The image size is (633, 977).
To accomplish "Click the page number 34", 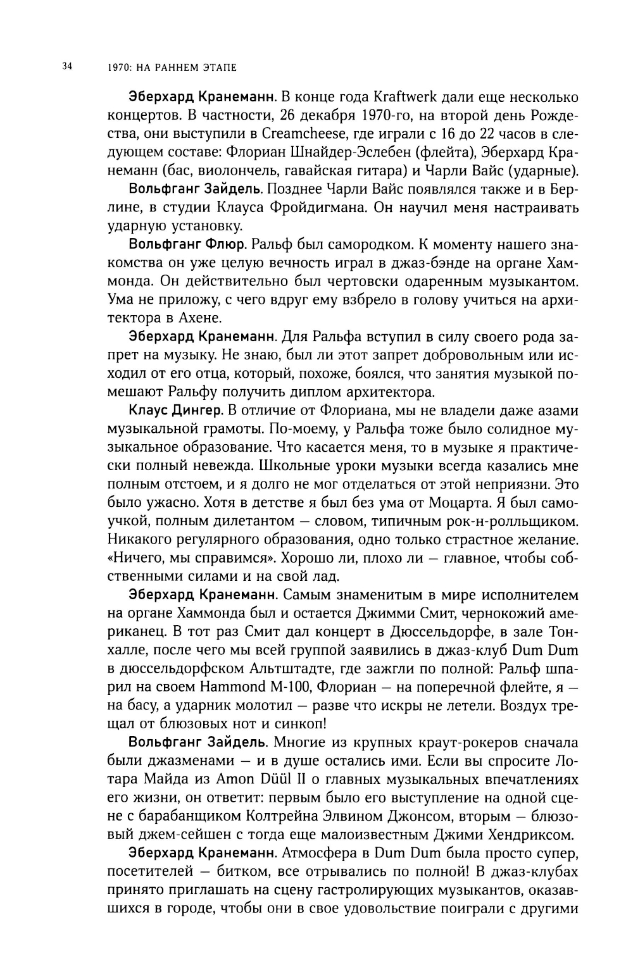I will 68,65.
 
